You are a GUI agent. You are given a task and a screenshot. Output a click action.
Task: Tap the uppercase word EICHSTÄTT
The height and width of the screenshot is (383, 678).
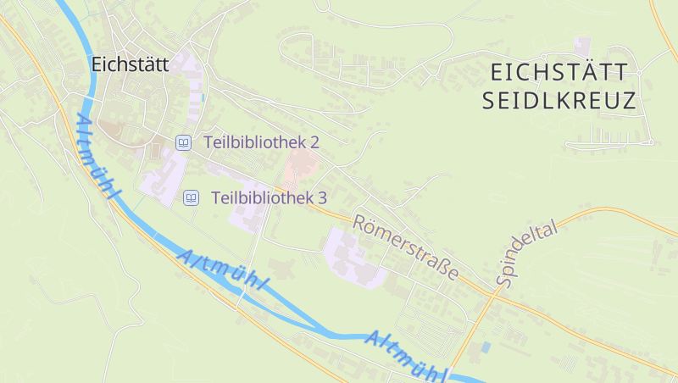pyautogui.click(x=559, y=71)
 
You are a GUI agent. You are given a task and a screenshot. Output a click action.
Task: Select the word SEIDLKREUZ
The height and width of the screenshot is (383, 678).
pyautogui.click(x=559, y=102)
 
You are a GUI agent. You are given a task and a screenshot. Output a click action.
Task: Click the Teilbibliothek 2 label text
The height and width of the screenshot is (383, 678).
pyautogui.click(x=261, y=142)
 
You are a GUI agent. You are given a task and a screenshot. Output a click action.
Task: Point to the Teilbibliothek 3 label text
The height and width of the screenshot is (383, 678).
pyautogui.click(x=269, y=197)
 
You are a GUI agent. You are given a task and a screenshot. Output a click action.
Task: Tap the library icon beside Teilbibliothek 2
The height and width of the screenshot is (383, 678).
pyautogui.click(x=182, y=142)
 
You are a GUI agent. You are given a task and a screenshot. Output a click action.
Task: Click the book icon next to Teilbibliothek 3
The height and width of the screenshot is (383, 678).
pyautogui.click(x=192, y=197)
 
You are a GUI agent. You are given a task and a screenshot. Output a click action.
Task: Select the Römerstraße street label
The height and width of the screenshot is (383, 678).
pyautogui.click(x=405, y=247)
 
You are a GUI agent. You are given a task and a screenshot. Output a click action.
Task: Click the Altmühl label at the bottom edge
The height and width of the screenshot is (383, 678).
pyautogui.click(x=407, y=355)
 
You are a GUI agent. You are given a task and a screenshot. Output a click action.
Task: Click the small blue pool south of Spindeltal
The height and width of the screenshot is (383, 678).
pyautogui.click(x=485, y=347)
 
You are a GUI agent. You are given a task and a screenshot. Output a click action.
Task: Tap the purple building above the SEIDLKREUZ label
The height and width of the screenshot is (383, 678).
pyautogui.click(x=581, y=44)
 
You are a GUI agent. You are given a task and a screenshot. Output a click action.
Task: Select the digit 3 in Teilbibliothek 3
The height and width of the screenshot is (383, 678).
pyautogui.click(x=322, y=197)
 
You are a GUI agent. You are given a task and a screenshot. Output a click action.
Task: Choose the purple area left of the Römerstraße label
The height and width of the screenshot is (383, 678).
pyautogui.click(x=347, y=254)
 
